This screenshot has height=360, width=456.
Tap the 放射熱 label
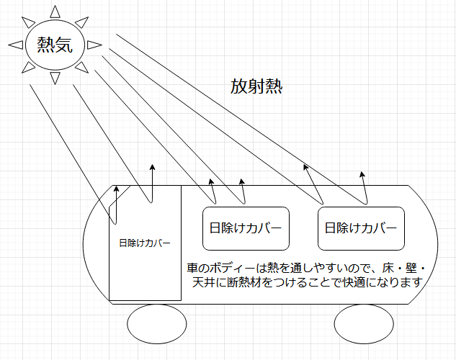tap(256, 87)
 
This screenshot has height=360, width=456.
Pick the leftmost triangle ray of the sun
tap(15, 46)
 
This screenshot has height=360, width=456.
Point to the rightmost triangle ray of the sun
tap(95, 45)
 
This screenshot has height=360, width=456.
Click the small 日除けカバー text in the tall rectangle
tap(144, 243)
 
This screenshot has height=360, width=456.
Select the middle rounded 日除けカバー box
tap(246, 229)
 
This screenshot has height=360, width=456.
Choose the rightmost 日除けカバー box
tap(360, 229)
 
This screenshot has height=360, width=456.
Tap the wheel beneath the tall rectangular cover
tap(156, 325)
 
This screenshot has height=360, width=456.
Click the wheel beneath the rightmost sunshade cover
tap(365, 325)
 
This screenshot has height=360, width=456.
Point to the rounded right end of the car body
tap(432, 238)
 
